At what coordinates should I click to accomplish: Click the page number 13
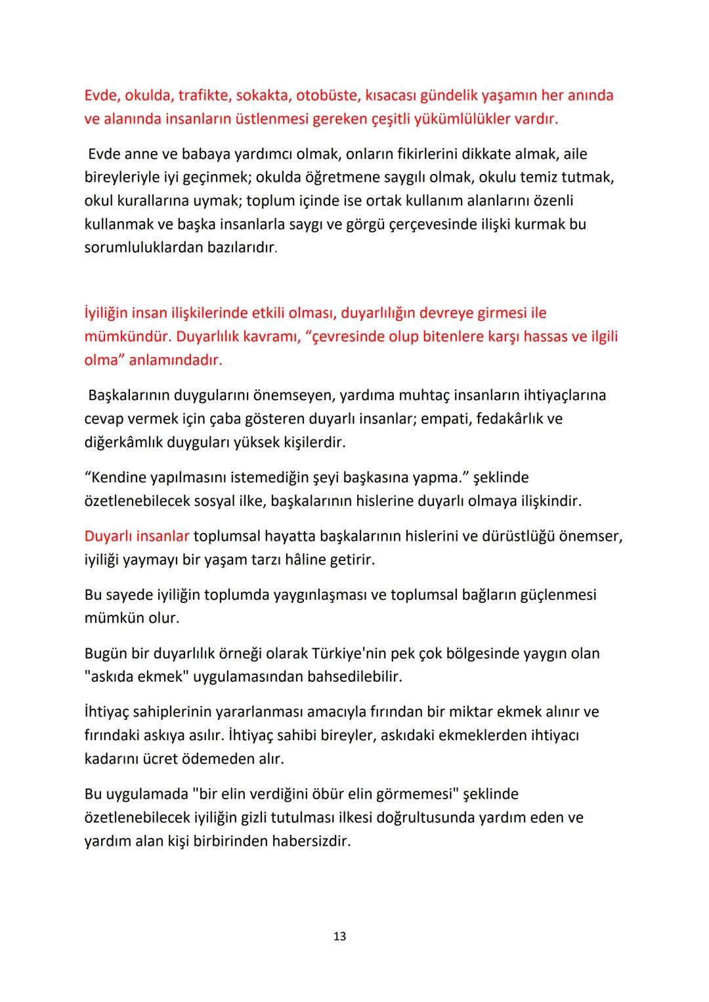[x=339, y=936]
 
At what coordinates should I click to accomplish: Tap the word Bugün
[x=106, y=654]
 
